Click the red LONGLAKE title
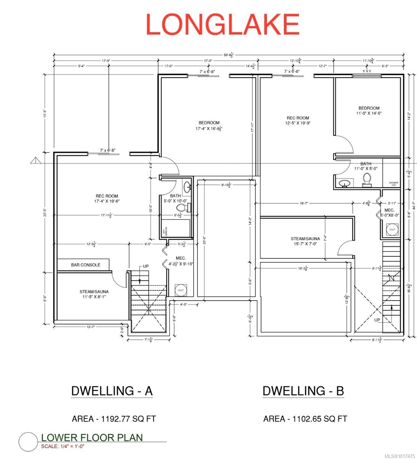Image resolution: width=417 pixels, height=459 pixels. [222, 24]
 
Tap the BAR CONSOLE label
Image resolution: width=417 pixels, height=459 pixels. [86, 265]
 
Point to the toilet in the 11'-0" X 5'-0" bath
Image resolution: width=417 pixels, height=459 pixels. [367, 179]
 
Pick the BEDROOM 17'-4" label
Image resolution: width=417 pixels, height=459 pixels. [208, 126]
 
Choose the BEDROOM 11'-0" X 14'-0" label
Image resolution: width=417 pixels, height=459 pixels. [369, 111]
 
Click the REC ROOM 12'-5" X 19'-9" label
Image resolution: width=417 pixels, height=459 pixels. [298, 120]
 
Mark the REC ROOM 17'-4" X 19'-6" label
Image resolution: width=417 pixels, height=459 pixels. [107, 199]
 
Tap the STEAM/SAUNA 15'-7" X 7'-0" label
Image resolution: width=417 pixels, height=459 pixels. [305, 241]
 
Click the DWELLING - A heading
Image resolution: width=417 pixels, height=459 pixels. [112, 391]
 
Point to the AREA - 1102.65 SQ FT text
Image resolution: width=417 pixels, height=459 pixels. [305, 419]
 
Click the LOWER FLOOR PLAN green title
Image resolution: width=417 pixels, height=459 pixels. [92, 438]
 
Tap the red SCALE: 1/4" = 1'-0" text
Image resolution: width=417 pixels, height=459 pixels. [63, 446]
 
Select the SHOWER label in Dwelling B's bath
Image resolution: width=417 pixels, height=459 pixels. [393, 183]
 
